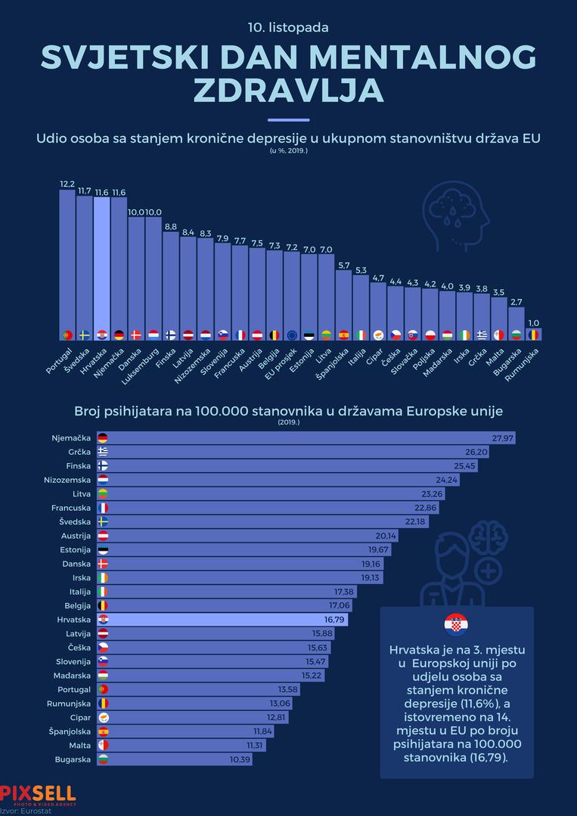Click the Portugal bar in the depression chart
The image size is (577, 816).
[x=67, y=264]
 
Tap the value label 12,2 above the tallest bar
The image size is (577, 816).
[x=67, y=184]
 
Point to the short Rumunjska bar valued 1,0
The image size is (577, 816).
[x=534, y=333]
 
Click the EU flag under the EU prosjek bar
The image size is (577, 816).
[x=292, y=335]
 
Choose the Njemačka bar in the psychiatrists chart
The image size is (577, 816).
[x=302, y=438]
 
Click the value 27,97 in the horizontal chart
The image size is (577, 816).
[x=503, y=438]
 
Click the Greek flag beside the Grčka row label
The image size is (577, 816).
[x=103, y=452]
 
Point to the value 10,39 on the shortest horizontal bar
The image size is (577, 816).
[x=240, y=759]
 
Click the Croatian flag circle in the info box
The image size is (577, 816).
[x=457, y=625]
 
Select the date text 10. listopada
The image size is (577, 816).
[x=288, y=27]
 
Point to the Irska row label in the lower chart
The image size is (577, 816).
[x=79, y=577]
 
